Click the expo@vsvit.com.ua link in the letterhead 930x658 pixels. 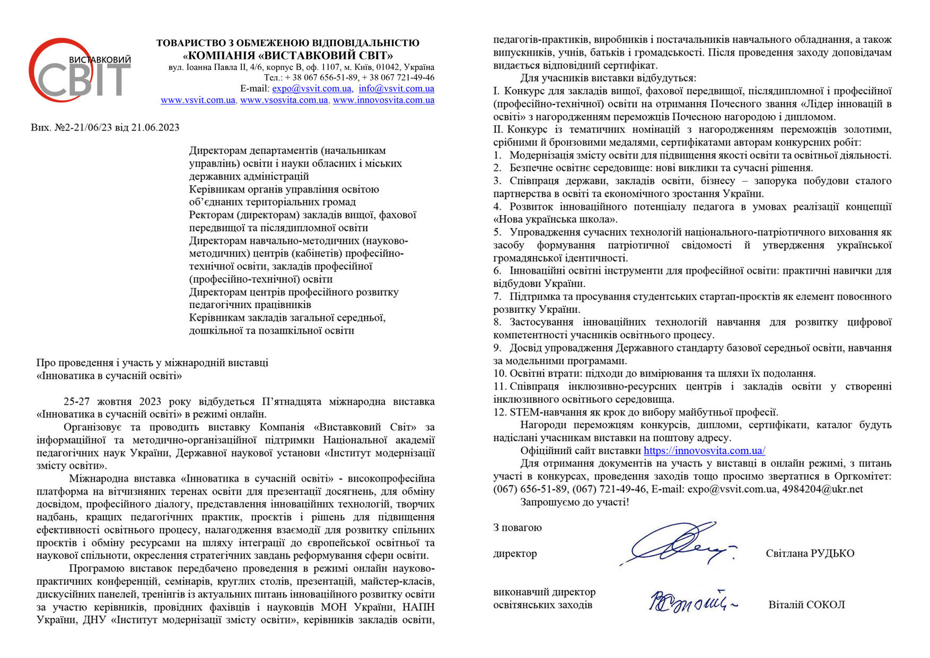[312, 89]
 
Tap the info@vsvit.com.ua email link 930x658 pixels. [396, 89]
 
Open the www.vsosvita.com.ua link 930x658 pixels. [284, 100]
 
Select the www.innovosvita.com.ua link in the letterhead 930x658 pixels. [383, 100]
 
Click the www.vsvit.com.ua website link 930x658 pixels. [198, 100]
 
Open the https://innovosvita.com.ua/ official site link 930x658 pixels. [704, 451]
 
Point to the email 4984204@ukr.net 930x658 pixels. [822, 489]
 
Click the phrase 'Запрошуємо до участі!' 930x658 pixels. [575, 502]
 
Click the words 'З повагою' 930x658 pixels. [517, 528]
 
